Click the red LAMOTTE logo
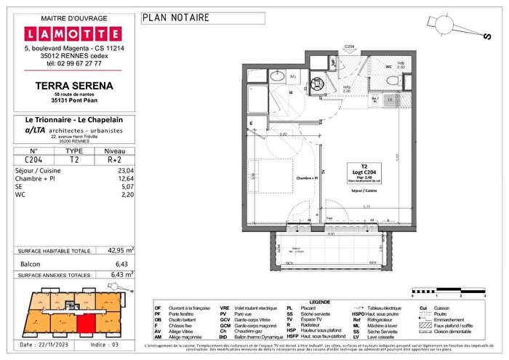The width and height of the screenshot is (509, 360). pos(73,33)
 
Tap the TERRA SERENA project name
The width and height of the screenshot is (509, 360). pos(72,84)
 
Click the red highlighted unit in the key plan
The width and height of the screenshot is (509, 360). pos(86,325)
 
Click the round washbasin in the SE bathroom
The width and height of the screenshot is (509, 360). pos(278,76)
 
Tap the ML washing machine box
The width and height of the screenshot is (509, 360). pos(293,76)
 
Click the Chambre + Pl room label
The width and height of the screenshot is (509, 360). pos(307,178)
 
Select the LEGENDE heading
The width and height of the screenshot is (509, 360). pos(320,302)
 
